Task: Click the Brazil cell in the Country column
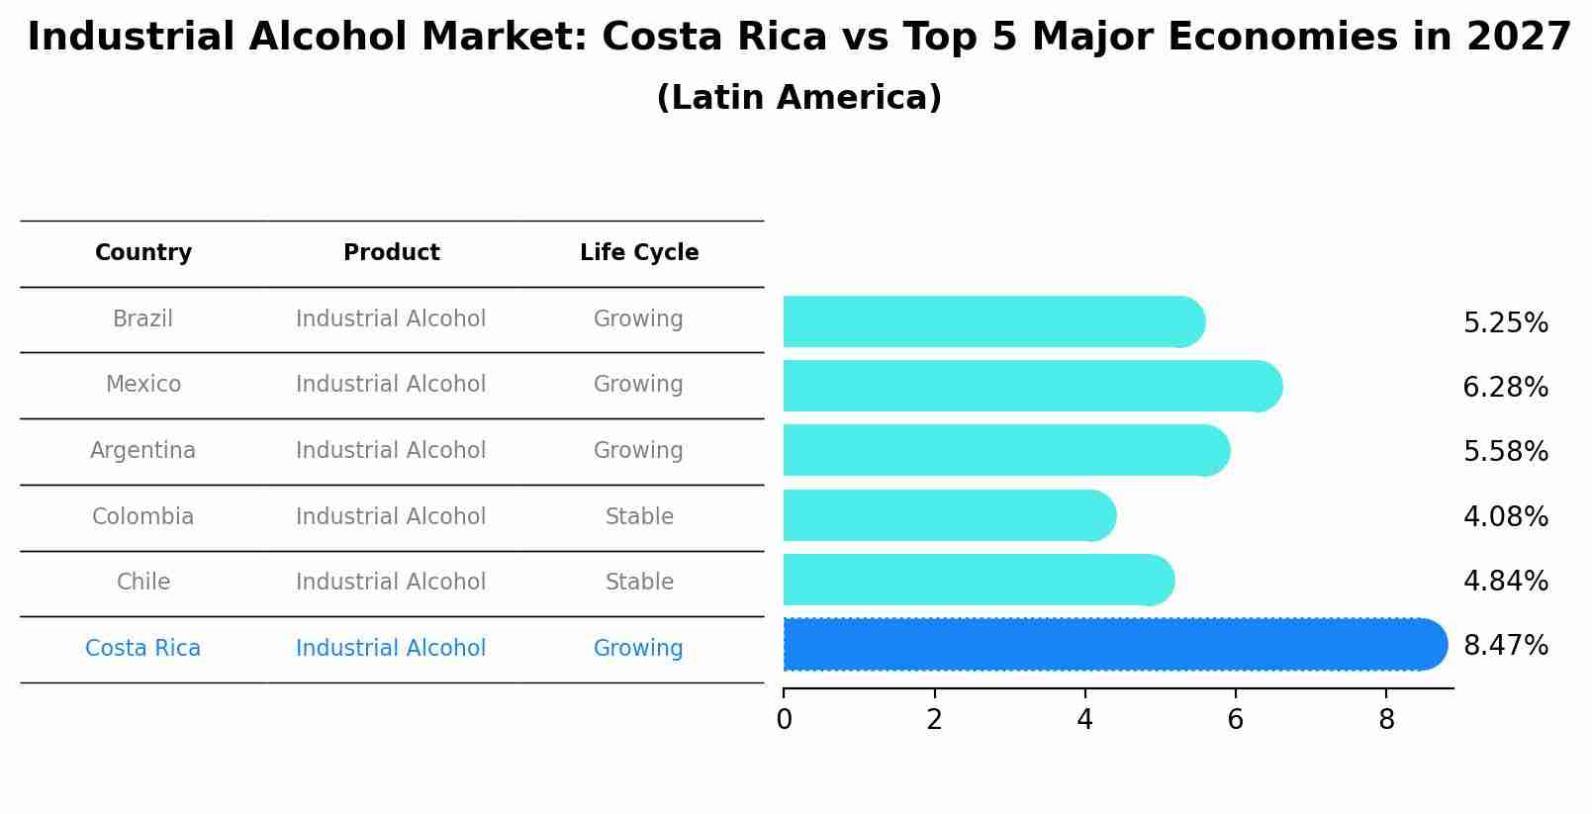pos(142,319)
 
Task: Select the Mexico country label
pos(142,385)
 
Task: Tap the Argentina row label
pos(142,451)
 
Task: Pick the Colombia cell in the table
pos(142,517)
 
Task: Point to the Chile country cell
pos(142,583)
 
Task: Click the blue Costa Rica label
pos(142,649)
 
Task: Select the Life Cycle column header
pos(639,253)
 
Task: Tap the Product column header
pos(391,253)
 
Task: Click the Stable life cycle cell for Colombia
pos(639,517)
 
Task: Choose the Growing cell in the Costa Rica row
pos(638,649)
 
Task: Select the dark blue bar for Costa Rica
pos(1108,645)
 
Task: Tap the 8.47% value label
pos(1505,646)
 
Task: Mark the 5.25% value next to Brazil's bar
pos(1505,323)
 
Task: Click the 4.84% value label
pos(1505,582)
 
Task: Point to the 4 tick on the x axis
pos(1084,720)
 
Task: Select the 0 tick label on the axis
pos(784,720)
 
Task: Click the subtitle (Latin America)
pos(798,98)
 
